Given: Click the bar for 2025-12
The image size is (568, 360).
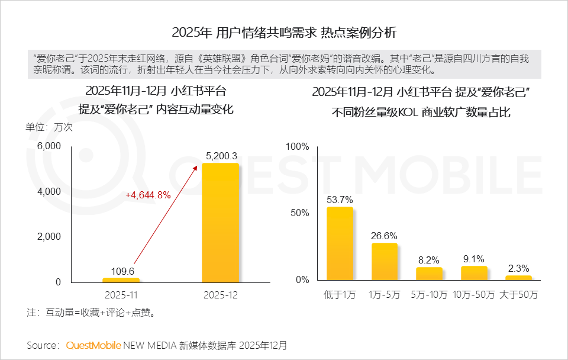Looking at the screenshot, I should [x=220, y=222].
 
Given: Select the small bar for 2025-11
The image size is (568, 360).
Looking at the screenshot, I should [x=121, y=279].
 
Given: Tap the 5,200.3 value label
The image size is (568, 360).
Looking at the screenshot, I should [x=221, y=156].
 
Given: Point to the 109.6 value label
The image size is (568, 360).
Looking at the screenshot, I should [x=121, y=271].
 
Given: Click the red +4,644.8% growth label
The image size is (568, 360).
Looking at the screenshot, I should [x=148, y=195].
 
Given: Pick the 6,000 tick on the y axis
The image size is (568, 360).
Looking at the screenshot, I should [x=49, y=146].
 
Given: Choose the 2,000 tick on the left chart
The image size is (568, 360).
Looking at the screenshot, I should [x=49, y=237].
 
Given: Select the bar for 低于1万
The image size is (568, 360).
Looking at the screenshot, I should [x=340, y=243].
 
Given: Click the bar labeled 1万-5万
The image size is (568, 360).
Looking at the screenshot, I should [x=385, y=261].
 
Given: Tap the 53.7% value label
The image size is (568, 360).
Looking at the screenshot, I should [x=340, y=200].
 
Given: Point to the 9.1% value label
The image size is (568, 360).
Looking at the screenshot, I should [x=474, y=259].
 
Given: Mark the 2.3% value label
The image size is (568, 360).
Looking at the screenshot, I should [x=519, y=268].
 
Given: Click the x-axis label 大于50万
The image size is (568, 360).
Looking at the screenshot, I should [x=519, y=294].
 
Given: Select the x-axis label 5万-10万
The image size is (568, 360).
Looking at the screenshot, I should [x=429, y=294].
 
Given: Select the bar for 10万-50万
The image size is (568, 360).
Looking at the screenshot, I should [x=474, y=273].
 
